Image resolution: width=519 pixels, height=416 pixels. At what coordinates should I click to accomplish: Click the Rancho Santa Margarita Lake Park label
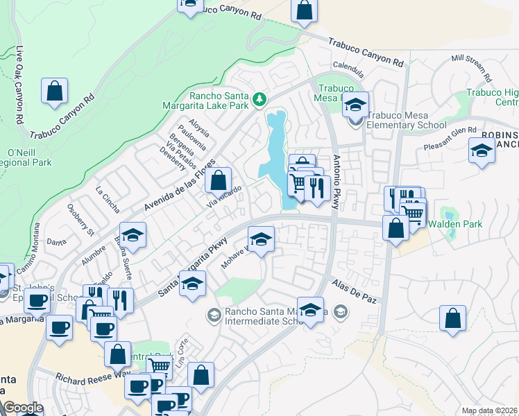pyautogui.click(x=219, y=101)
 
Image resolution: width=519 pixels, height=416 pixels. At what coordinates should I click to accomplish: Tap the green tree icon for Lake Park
pyautogui.click(x=259, y=100)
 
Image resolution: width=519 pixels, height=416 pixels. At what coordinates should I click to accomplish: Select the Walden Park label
pyautogui.click(x=454, y=224)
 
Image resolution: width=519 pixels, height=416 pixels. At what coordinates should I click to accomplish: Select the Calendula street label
pyautogui.click(x=348, y=69)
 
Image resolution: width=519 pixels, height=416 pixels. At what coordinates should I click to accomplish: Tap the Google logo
pyautogui.click(x=23, y=408)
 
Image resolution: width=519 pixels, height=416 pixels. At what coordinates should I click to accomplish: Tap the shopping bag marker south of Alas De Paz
pyautogui.click(x=452, y=318)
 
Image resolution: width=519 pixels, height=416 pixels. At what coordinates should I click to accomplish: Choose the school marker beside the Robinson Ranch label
pyautogui.click(x=482, y=150)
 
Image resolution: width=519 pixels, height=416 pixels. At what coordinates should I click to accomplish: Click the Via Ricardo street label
pyautogui.click(x=224, y=198)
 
